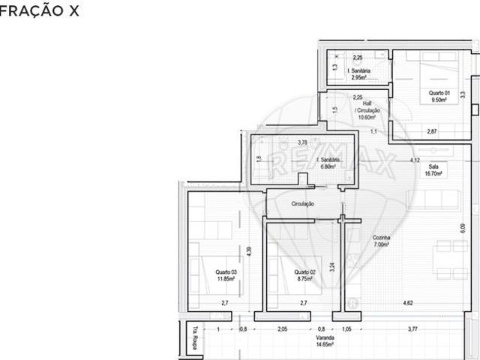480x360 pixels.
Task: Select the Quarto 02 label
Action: coord(303,275)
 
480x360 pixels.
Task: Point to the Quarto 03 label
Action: coord(226,275)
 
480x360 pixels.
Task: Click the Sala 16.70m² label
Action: coord(433,169)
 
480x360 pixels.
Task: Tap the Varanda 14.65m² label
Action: coord(325,341)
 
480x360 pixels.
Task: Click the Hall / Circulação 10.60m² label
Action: coord(367,112)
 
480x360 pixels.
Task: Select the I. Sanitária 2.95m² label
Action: coord(358,73)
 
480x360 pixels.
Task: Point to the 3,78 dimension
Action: coord(302,142)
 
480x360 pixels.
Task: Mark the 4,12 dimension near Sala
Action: coord(414,160)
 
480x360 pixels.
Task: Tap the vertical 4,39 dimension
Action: coord(249,254)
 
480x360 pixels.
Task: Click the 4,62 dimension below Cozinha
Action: coord(408,303)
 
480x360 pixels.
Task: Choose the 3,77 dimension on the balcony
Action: coord(412,328)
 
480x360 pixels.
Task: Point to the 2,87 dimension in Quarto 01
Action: coord(431,132)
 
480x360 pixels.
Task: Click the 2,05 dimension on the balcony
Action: coord(282,328)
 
